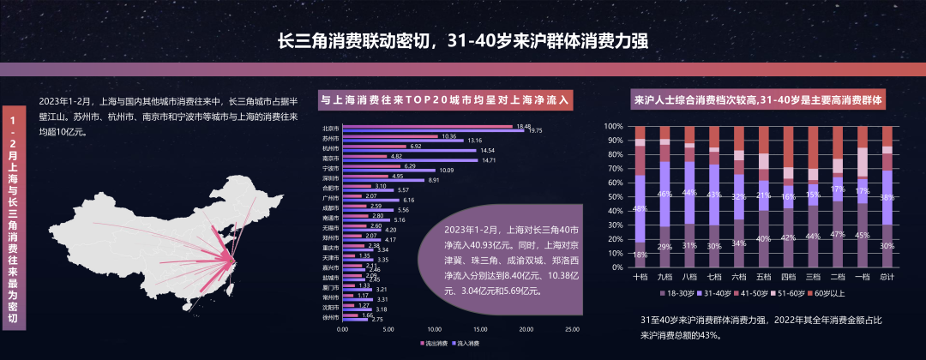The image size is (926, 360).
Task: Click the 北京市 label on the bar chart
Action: pos(331,128)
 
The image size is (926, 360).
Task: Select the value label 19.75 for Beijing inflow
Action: pos(535,131)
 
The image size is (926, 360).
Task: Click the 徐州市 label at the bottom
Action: pos(331,317)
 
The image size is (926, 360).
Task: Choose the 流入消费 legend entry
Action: pos(465,343)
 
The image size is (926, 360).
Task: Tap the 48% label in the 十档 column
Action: pos(640,208)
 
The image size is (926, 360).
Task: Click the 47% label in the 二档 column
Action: pos(839,233)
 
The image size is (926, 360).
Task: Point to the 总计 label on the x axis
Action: pos(887,277)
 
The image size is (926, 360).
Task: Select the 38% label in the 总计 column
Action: pos(887,195)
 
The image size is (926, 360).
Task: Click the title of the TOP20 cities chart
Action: pos(445,99)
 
